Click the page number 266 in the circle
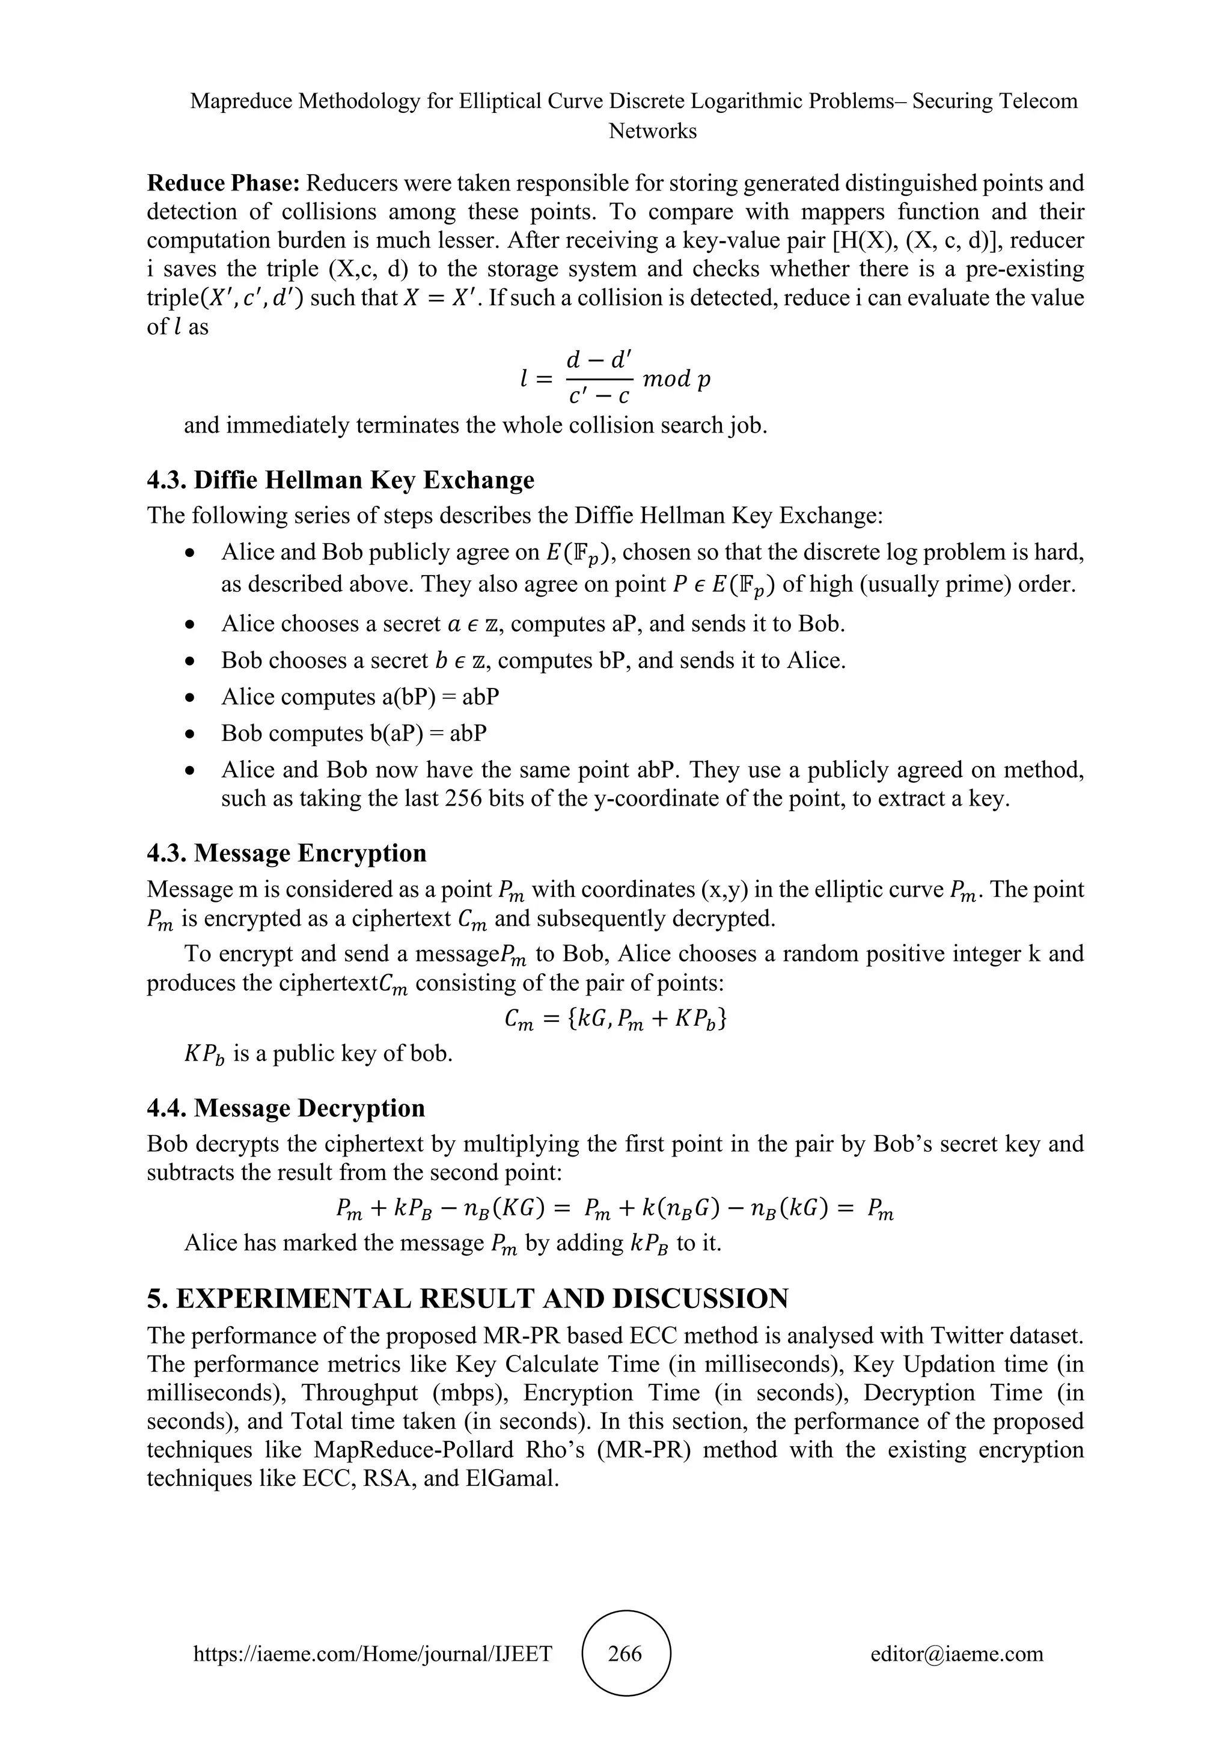click(x=625, y=1653)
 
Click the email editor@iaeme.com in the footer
click(x=956, y=1653)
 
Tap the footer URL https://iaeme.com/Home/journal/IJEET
click(x=373, y=1653)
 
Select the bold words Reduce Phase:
click(x=224, y=183)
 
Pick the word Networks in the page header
click(x=653, y=131)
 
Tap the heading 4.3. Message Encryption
click(x=287, y=853)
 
